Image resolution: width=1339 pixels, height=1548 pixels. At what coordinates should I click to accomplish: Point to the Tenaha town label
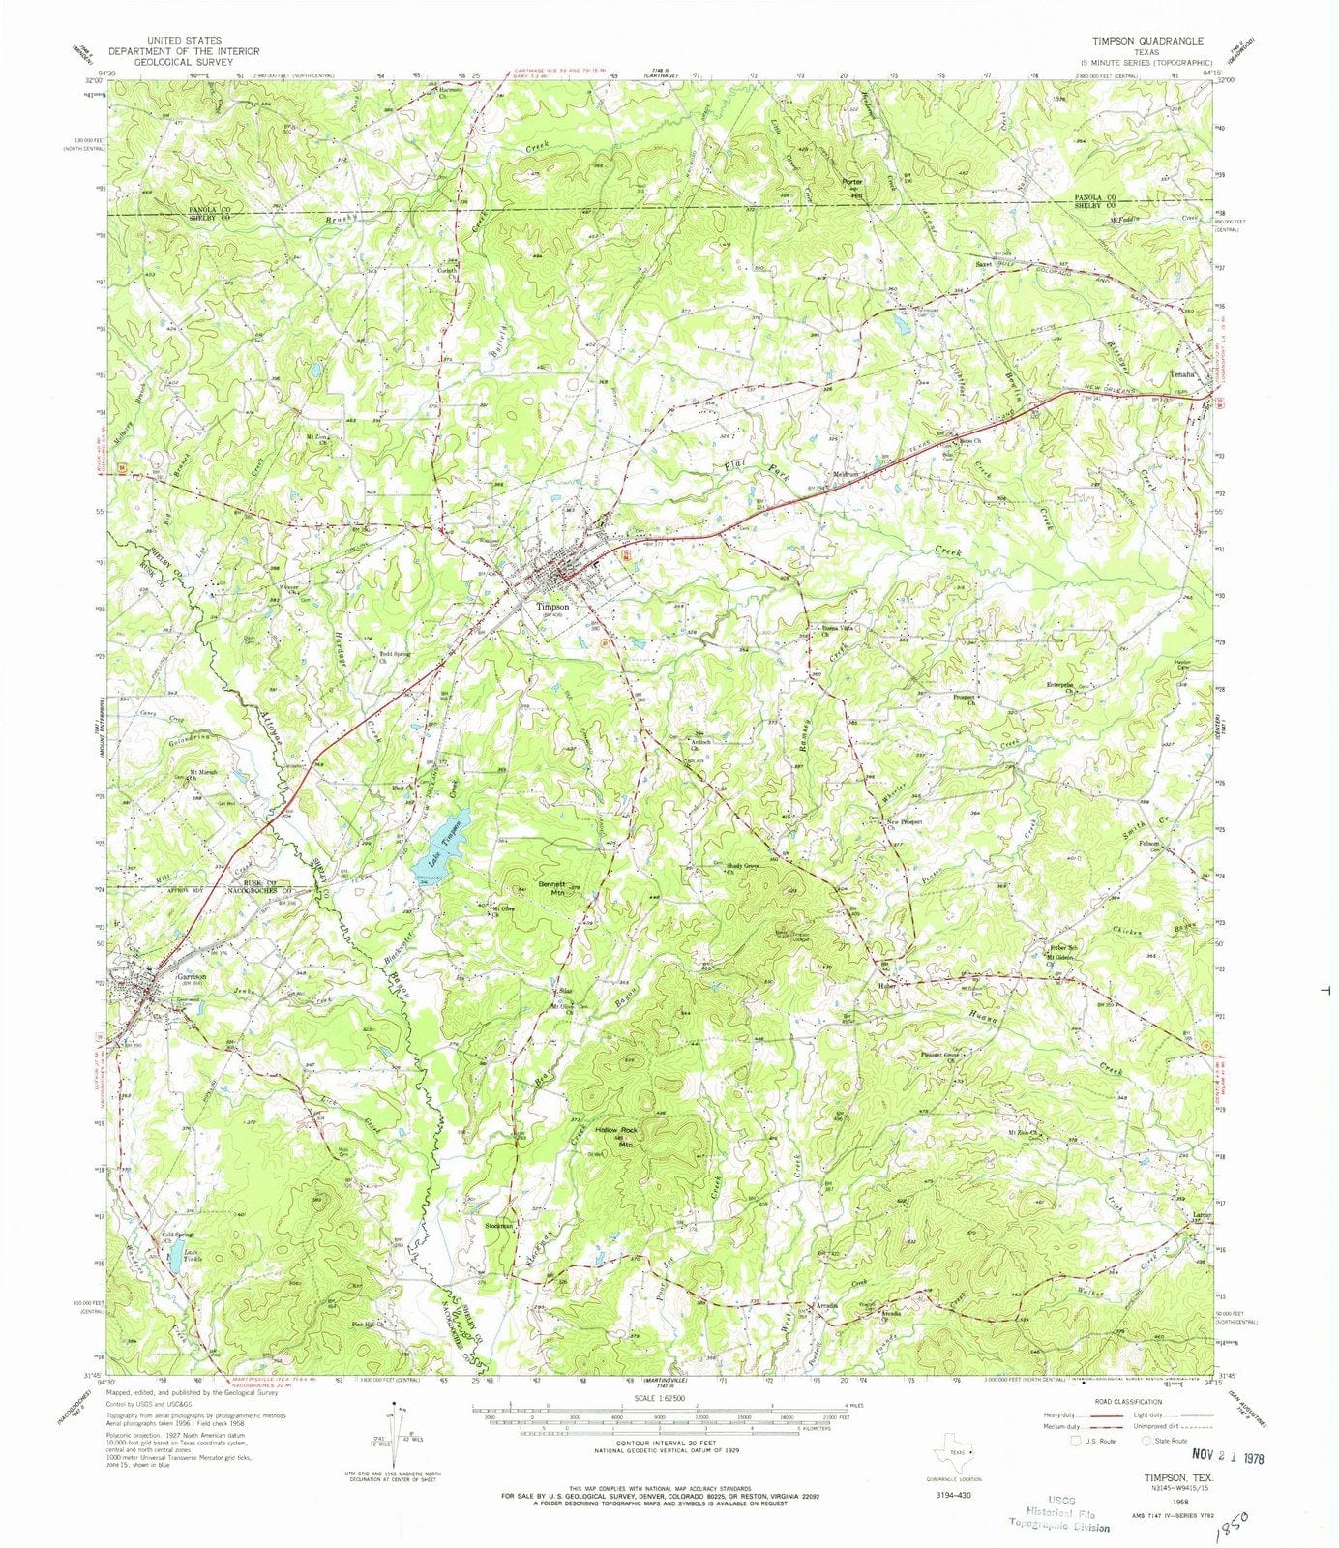[1183, 373]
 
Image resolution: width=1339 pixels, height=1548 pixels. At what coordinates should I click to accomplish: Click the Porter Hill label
[851, 187]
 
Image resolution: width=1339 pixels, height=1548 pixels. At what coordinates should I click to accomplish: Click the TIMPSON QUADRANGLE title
[1148, 42]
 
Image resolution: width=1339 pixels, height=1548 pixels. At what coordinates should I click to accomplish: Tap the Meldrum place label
[848, 474]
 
